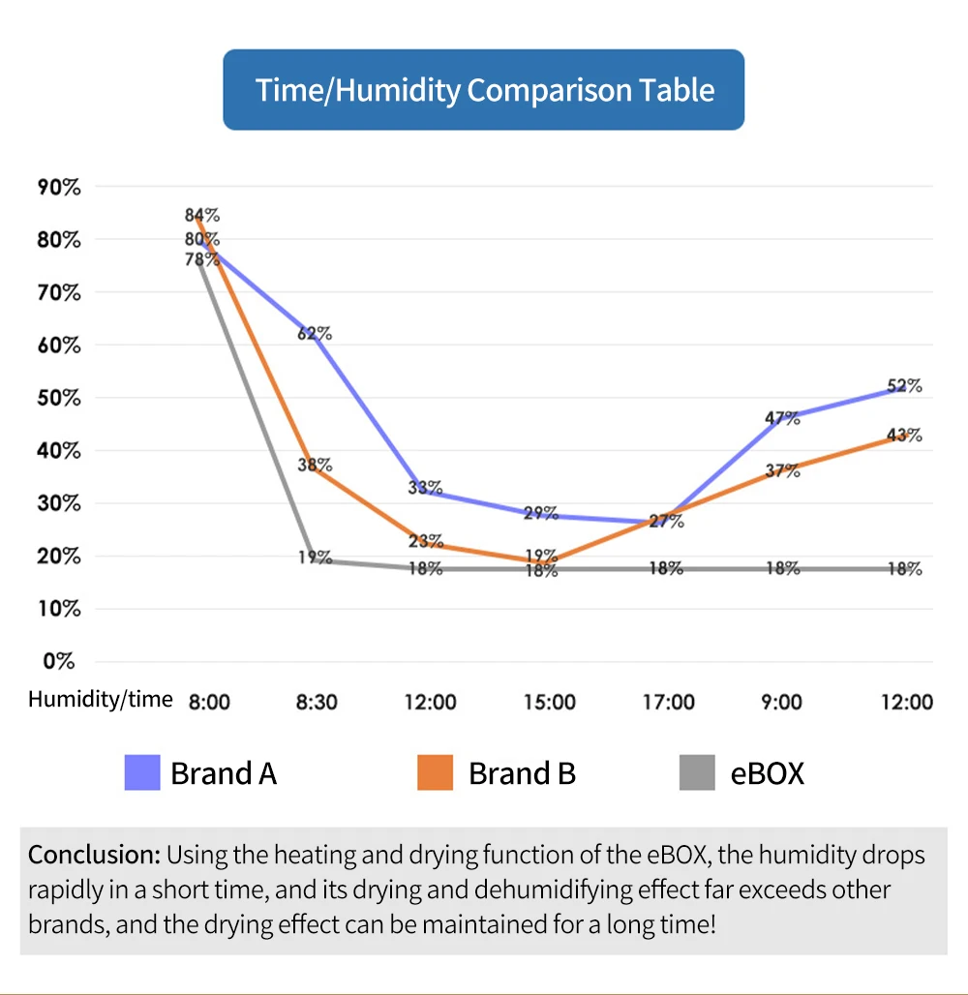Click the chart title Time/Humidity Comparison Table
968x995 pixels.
pyautogui.click(x=484, y=90)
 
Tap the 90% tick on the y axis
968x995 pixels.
pyautogui.click(x=58, y=187)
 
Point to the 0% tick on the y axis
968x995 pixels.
pyautogui.click(x=58, y=662)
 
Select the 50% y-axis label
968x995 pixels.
pyautogui.click(x=58, y=398)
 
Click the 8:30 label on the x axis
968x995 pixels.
pyautogui.click(x=317, y=702)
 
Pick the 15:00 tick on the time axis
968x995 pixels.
pyautogui.click(x=549, y=702)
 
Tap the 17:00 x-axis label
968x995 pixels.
pyautogui.click(x=668, y=702)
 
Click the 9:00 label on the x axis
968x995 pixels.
pyautogui.click(x=782, y=702)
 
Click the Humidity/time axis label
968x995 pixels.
pyautogui.click(x=101, y=699)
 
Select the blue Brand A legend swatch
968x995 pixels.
pyautogui.click(x=142, y=773)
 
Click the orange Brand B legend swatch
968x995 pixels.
pyautogui.click(x=435, y=773)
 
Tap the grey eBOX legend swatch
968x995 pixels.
pyautogui.click(x=697, y=773)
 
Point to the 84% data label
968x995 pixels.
pyautogui.click(x=202, y=216)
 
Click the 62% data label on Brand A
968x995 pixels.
pyautogui.click(x=315, y=334)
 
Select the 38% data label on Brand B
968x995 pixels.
pyautogui.click(x=315, y=464)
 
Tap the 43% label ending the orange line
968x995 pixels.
pyautogui.click(x=904, y=436)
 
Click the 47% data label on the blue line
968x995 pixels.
pyautogui.click(x=782, y=418)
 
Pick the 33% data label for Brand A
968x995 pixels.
pyautogui.click(x=425, y=488)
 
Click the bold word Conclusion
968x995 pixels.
pyautogui.click(x=93, y=856)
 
